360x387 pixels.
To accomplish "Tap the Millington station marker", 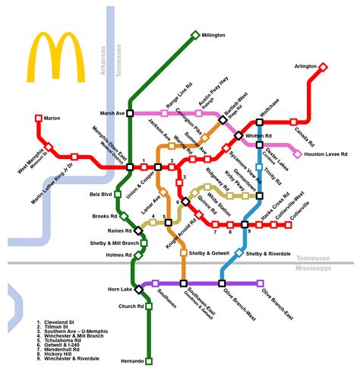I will pos(195,35).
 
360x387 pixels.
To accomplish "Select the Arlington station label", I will pos(305,67).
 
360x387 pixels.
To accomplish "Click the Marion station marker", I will pos(39,118).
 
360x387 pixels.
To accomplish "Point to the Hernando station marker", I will pos(149,360).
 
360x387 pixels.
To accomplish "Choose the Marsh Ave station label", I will pos(111,113).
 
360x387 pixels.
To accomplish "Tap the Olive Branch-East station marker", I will pos(261,284).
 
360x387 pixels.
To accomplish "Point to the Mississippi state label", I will pos(314,268).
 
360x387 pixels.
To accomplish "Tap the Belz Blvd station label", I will pos(101,195).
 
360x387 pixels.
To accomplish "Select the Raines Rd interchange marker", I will pos(138,230).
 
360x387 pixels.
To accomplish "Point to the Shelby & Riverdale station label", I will pos(268,252).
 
